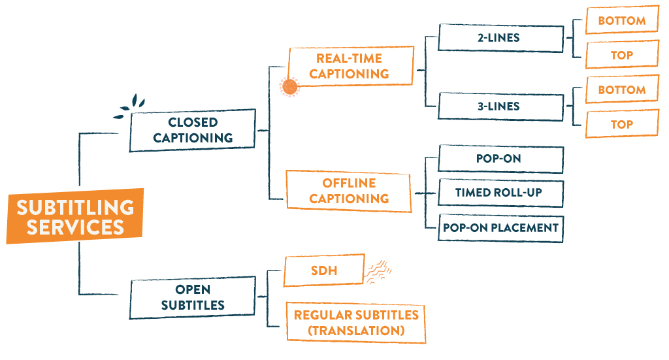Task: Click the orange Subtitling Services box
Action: pos(74,217)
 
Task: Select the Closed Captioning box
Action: pos(192,130)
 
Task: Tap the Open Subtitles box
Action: pos(193,297)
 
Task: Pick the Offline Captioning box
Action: pos(349,191)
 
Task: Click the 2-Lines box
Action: pos(500,37)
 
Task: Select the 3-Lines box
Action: pos(500,106)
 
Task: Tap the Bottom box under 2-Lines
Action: pos(621,20)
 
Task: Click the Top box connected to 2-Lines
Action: pos(621,55)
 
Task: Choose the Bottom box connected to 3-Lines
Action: pos(621,90)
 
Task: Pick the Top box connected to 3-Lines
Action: pos(621,124)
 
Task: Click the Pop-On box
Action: pos(500,159)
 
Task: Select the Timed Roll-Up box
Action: pos(500,193)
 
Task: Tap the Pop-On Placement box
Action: pos(500,227)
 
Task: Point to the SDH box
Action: pos(323,270)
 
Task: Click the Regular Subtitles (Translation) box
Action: pos(355,323)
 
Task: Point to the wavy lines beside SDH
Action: pos(378,271)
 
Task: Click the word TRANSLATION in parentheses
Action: pos(356,331)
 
